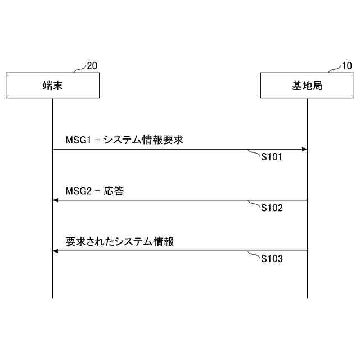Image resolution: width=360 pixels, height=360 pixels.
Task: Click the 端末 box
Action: (x=53, y=85)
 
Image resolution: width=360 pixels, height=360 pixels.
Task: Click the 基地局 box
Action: (x=307, y=85)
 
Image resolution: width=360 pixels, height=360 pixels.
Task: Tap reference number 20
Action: (x=92, y=66)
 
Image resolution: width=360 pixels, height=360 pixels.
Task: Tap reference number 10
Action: (x=346, y=66)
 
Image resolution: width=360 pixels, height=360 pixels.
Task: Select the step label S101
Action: (x=271, y=157)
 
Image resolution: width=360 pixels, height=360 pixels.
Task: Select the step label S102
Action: (x=271, y=208)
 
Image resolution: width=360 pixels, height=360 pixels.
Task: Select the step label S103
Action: (x=271, y=259)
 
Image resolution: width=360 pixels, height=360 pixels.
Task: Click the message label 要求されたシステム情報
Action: (x=120, y=242)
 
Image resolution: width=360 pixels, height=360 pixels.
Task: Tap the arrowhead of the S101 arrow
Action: (x=304, y=149)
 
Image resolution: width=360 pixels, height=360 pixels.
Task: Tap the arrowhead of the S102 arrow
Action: (x=56, y=200)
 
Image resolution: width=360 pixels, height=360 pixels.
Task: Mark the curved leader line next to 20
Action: (x=80, y=69)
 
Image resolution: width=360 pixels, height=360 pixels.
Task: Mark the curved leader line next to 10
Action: (x=335, y=69)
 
